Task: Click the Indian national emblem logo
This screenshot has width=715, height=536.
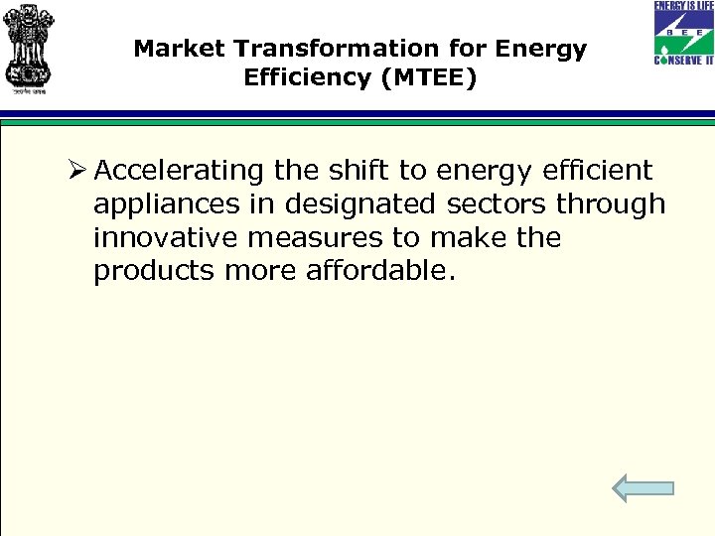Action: tap(30, 47)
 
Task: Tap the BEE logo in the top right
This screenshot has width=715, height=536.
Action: tap(682, 32)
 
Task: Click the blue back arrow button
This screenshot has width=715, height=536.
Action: tap(643, 487)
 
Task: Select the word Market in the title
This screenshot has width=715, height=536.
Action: tap(173, 49)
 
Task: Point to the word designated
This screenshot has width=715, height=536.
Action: tap(360, 204)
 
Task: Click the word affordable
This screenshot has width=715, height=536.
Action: tap(380, 272)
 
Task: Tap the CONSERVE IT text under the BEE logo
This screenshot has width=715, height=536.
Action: tap(682, 61)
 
